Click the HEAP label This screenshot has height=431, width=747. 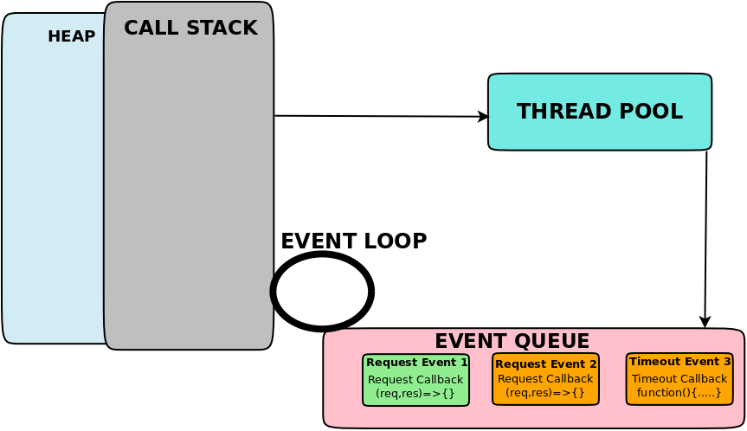pyautogui.click(x=71, y=36)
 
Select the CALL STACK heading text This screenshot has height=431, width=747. pyautogui.click(x=190, y=28)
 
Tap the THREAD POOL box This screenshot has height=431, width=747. pyautogui.click(x=599, y=112)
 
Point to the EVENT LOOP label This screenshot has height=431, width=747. pyautogui.click(x=353, y=241)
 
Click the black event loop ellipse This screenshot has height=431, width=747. pyautogui.click(x=322, y=292)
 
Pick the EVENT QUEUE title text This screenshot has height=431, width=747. pyautogui.click(x=512, y=341)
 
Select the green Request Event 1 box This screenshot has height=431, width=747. pyautogui.click(x=415, y=379)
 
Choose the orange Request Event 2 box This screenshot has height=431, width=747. pyautogui.click(x=545, y=379)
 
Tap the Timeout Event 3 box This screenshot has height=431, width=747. pyautogui.click(x=679, y=378)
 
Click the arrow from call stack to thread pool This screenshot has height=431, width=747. pyautogui.click(x=381, y=116)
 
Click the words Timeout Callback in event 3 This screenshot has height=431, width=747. pyautogui.click(x=679, y=379)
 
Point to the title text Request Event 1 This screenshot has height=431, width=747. pyautogui.click(x=416, y=362)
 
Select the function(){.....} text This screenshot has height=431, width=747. pyautogui.click(x=679, y=393)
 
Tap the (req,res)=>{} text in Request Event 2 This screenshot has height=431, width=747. pyautogui.click(x=545, y=393)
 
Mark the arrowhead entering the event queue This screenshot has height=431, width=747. pyautogui.click(x=705, y=323)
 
